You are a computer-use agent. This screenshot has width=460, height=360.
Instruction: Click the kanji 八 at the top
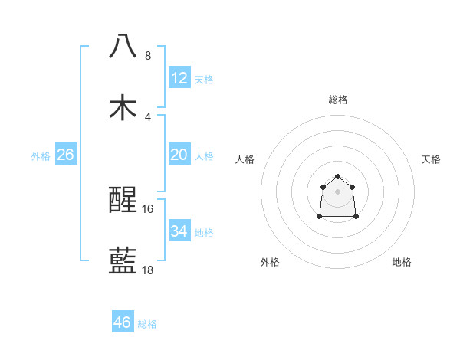[x=123, y=47]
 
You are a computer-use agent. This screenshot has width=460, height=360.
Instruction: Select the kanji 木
[x=123, y=107]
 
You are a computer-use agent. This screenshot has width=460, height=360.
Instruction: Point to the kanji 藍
[x=123, y=261]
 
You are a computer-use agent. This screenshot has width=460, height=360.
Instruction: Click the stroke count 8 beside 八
[x=148, y=56]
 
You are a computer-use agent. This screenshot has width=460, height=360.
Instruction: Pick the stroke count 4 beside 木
[x=148, y=116]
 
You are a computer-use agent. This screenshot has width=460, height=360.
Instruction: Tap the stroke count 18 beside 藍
[x=148, y=270]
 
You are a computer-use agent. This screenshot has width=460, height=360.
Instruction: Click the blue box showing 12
[x=179, y=77]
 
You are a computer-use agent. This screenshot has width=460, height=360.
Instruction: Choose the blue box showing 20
[x=179, y=155]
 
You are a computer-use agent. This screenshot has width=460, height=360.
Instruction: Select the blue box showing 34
[x=179, y=231]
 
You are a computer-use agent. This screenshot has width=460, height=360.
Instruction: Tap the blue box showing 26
[x=65, y=155]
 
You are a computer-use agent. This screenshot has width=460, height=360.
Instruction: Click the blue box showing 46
[x=123, y=322]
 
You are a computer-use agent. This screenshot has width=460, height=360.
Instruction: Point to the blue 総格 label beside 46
[x=147, y=324]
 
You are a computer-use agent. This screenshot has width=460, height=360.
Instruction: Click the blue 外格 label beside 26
[x=41, y=156]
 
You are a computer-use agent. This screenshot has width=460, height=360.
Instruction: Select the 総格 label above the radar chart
[x=338, y=100]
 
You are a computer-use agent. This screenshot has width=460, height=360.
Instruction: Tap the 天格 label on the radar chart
[x=431, y=159]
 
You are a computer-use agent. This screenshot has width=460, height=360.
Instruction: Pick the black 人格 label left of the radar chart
[x=245, y=159]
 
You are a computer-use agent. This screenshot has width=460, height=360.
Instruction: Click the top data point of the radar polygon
[x=338, y=177]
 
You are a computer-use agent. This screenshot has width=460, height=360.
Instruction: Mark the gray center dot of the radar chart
[x=338, y=191]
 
